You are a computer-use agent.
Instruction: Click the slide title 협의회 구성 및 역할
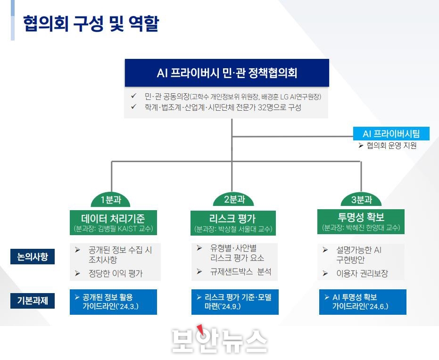pos(91,24)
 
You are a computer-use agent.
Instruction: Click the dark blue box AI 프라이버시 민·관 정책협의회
pos(227,73)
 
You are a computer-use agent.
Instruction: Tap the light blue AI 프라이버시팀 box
pos(391,134)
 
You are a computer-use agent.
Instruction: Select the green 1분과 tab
pos(111,200)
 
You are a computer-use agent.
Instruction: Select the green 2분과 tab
pos(233,199)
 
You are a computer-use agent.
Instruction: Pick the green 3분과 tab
pos(361,200)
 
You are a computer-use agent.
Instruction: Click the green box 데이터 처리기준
pos(113,222)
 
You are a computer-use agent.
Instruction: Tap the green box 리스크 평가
pos(233,223)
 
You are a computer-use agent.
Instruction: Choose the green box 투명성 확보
pos(361,221)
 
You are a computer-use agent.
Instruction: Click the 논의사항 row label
pos(33,256)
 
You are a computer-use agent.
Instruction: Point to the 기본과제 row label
pos(33,301)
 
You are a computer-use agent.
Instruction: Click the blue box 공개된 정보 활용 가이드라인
pos(113,302)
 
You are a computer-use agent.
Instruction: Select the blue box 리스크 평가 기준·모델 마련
pos(235,302)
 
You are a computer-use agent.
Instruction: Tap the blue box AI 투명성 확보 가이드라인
pos(363,302)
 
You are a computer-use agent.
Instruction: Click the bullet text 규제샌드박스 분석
pos(240,271)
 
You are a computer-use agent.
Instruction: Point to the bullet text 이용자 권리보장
pos(362,273)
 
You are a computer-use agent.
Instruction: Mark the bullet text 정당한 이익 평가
pos(116,273)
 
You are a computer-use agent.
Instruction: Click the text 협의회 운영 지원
pos(391,146)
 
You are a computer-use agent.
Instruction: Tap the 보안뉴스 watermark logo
pos(219,340)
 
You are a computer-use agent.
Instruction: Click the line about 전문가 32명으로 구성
pos(223,107)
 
